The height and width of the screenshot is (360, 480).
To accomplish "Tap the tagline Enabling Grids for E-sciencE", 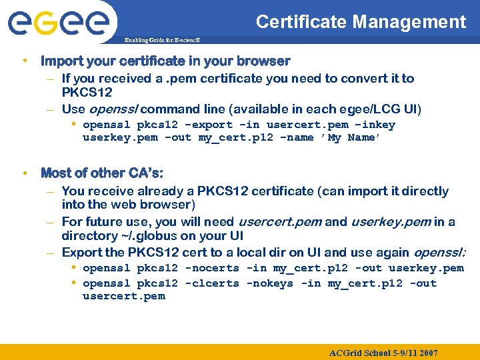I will coord(162,41).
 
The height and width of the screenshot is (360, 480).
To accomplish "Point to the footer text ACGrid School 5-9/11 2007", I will coord(383,352).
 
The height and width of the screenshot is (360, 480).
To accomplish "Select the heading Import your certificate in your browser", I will coord(165,61).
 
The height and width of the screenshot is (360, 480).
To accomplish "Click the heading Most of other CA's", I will coord(101,173).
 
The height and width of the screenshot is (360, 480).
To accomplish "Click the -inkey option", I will coord(375,125).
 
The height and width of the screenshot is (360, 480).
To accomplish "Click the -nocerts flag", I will coord(212,268).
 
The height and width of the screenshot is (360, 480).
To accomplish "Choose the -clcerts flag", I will coord(212,283).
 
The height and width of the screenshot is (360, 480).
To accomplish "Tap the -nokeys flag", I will coord(270,283).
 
